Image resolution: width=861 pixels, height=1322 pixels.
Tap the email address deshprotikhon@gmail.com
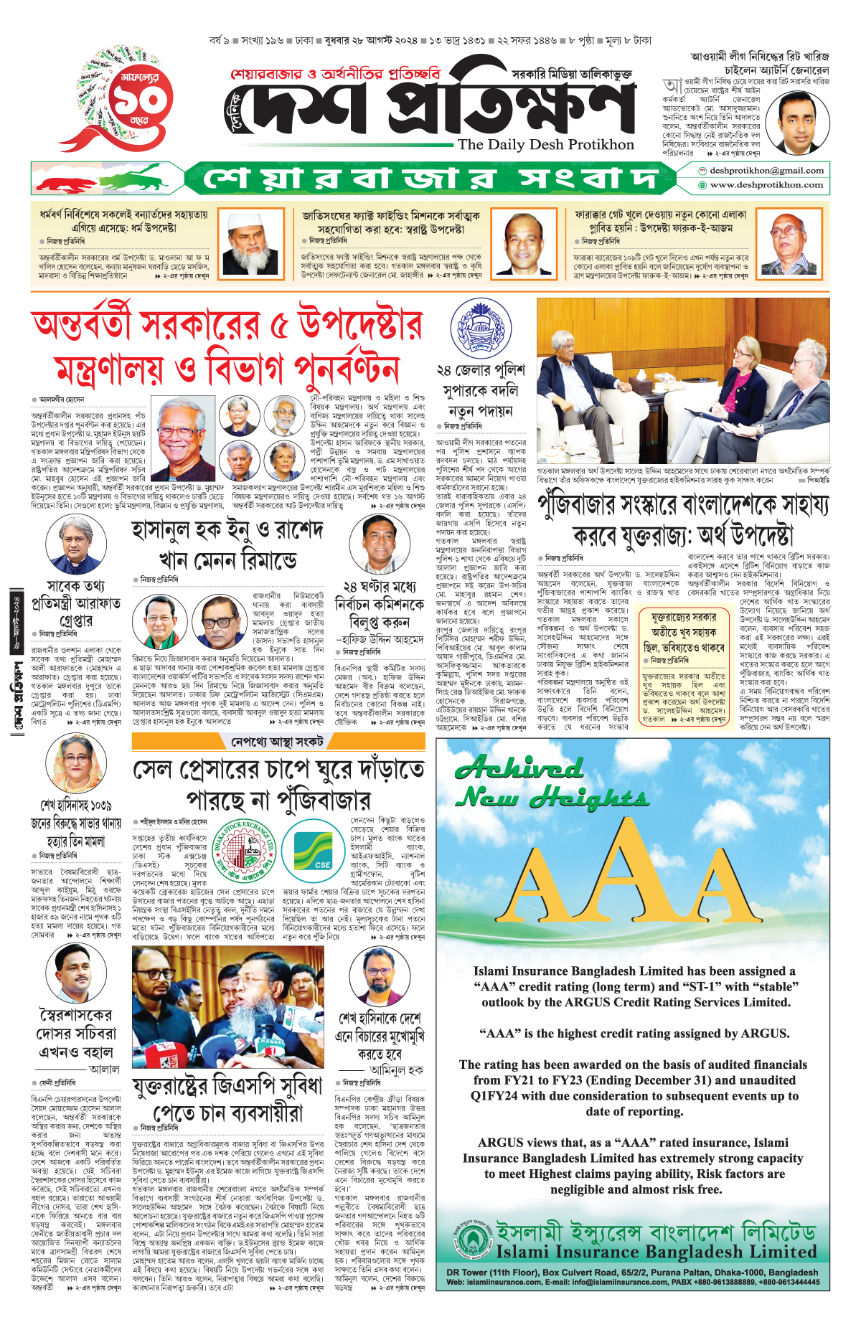tap(766, 171)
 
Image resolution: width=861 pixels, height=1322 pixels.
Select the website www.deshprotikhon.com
tap(766, 185)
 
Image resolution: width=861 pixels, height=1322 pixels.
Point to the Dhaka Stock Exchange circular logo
tap(245, 856)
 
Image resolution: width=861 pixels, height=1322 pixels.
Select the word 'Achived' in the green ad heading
tap(519, 769)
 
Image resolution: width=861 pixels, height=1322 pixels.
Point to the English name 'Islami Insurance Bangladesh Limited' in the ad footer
tap(656, 1252)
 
